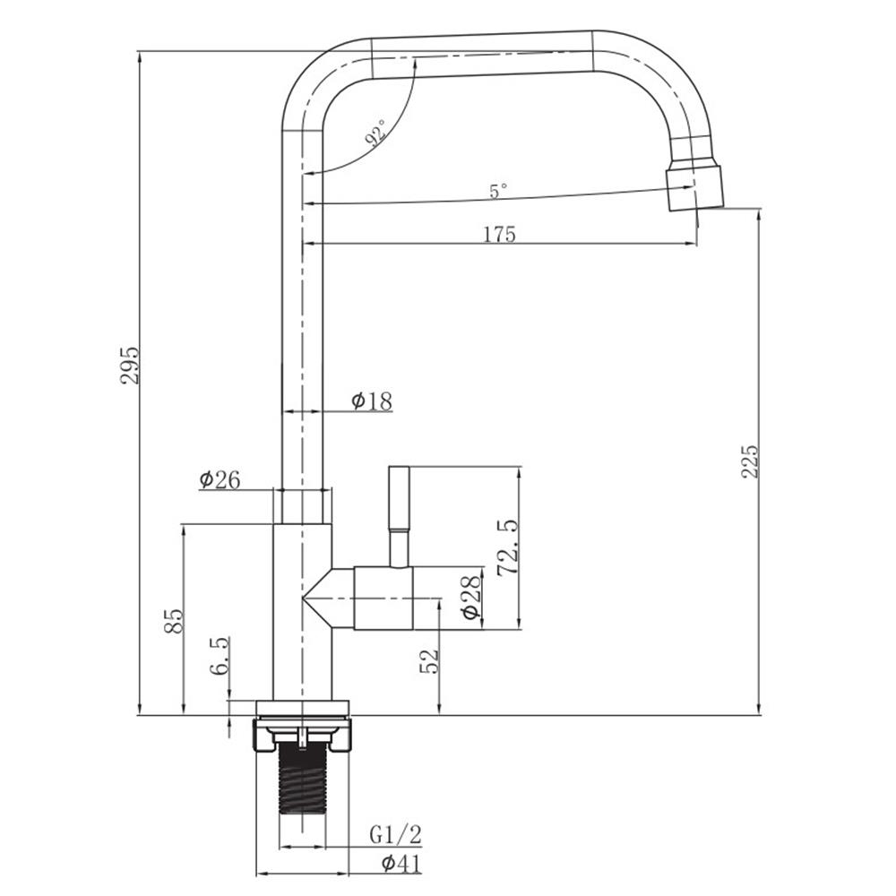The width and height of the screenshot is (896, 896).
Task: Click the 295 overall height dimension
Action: tap(130, 365)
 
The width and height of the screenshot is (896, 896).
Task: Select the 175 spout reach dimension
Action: tap(500, 234)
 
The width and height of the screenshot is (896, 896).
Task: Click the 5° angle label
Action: tap(498, 191)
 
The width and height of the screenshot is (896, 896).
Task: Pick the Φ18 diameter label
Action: tap(372, 401)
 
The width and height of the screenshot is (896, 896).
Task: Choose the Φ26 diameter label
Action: tap(220, 479)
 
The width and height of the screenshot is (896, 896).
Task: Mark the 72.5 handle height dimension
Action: tap(507, 547)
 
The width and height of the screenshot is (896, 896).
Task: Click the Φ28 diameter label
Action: tap(472, 597)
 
